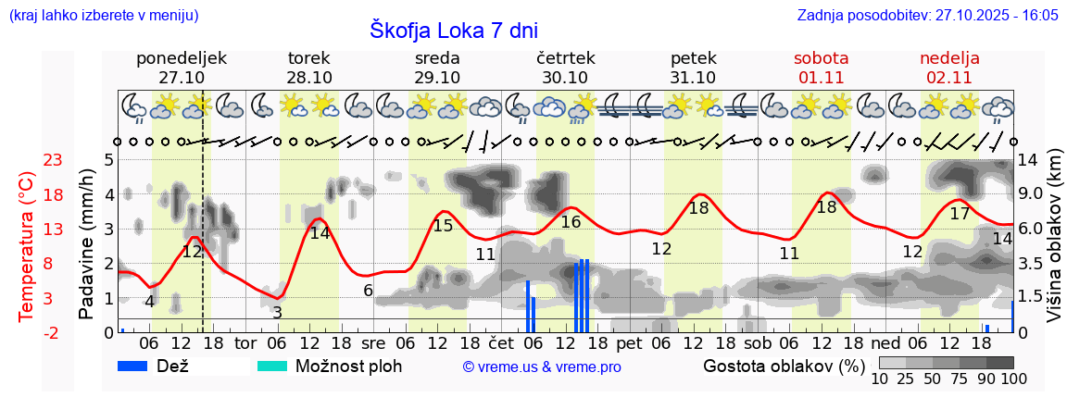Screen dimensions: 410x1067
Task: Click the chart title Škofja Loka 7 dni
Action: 454,30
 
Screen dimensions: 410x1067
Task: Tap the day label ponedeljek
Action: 182,58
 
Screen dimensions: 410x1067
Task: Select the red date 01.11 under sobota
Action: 822,78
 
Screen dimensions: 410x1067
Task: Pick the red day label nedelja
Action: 949,58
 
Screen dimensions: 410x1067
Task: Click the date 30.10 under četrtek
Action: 565,78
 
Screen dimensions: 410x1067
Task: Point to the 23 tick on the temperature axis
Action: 53,160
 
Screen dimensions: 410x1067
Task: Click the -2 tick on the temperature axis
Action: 53,332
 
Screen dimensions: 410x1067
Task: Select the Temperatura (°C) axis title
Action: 27,245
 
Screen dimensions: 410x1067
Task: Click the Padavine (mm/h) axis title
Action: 86,244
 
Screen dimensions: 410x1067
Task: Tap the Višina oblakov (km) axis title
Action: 1054,245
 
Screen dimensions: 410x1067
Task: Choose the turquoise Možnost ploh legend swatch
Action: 273,366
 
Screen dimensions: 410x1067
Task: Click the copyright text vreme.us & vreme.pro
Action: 542,367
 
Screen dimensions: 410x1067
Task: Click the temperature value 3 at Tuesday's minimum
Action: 277,313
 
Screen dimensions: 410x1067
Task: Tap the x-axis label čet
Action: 500,343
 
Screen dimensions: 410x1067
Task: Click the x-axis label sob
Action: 758,343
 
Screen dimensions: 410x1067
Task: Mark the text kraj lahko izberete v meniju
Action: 103,16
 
